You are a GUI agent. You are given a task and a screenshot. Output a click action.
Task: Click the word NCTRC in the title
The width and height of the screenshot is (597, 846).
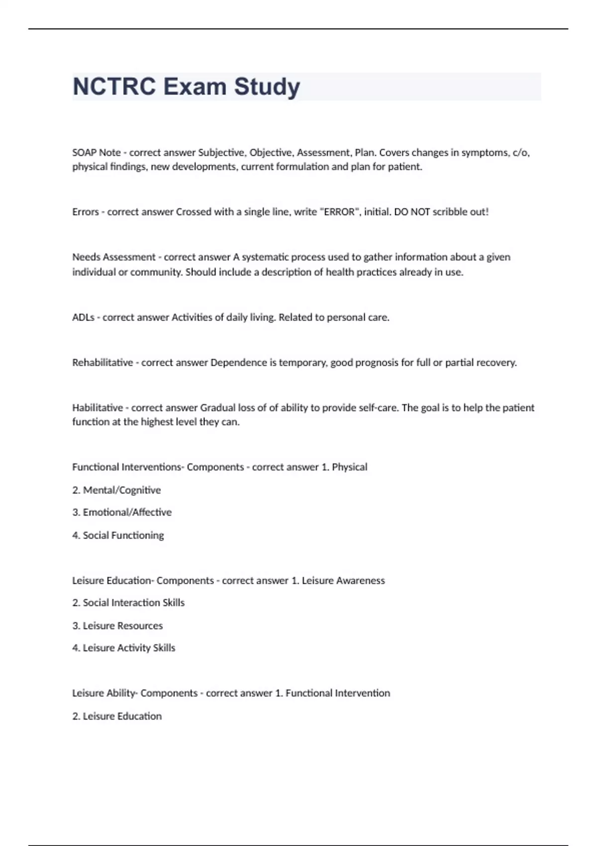[114, 87]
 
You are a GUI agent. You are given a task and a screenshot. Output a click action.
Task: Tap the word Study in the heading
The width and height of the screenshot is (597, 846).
[267, 87]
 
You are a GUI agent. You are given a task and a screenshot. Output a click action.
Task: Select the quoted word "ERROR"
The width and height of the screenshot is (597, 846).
[339, 212]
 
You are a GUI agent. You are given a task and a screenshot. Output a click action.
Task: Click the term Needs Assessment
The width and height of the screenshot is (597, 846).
[114, 257]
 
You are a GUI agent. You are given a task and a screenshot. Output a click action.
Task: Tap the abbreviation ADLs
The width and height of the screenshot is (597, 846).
[83, 317]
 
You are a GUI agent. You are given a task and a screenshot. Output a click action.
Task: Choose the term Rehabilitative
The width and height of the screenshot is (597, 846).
[102, 363]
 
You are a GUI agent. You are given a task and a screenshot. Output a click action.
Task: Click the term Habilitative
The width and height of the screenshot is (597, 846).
[98, 408]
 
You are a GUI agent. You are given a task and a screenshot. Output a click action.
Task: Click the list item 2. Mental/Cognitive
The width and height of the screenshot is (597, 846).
[116, 490]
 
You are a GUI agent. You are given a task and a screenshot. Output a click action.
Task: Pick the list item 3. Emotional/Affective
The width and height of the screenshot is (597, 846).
[122, 513]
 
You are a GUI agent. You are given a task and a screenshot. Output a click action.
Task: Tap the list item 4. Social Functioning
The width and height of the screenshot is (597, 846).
[118, 535]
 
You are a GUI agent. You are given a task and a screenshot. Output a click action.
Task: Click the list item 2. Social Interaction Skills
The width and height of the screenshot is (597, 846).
[128, 603]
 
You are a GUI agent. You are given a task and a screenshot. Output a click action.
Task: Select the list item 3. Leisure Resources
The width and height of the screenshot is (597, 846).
[117, 626]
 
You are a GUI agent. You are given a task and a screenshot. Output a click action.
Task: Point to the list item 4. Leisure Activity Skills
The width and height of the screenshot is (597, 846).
[124, 648]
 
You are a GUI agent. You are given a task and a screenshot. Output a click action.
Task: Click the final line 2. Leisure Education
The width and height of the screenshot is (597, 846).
[117, 716]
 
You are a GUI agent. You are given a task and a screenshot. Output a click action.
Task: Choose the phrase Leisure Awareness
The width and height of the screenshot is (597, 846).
[343, 581]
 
